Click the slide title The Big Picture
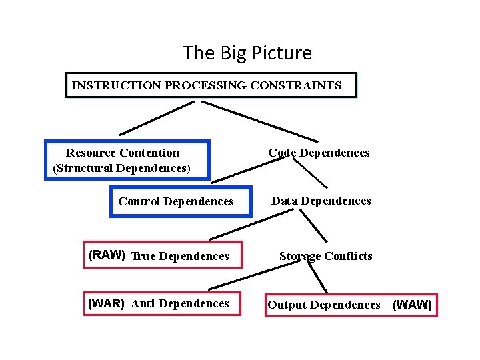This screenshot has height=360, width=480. click(x=247, y=53)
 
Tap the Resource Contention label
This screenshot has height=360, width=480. click(x=123, y=153)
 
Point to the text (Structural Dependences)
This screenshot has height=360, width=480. click(x=121, y=168)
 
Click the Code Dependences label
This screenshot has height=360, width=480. click(x=319, y=153)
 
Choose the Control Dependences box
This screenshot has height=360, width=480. click(x=176, y=201)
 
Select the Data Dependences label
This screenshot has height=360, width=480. click(x=321, y=201)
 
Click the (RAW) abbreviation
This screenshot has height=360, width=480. click(x=107, y=255)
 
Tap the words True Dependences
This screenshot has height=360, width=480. click(x=180, y=256)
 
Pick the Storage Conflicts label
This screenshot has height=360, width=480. click(x=325, y=256)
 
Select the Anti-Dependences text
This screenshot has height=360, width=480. click(x=180, y=303)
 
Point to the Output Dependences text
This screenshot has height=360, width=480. click(x=323, y=305)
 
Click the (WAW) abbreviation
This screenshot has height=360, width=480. click(x=413, y=305)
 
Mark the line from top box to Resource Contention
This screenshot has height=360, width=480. click(x=157, y=117)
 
